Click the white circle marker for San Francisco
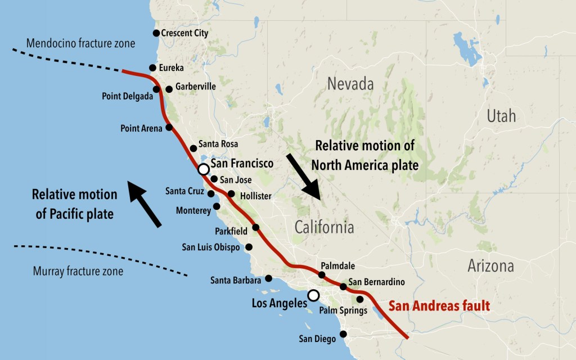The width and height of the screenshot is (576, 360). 204,169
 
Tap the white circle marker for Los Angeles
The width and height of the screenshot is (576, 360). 313,295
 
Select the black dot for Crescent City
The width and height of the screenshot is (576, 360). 156,33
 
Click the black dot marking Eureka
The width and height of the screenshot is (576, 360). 152,68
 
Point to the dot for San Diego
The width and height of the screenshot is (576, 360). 344,334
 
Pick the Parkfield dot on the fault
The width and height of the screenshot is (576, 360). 256,227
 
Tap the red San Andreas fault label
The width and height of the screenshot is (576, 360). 439,307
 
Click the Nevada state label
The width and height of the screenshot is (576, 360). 350,84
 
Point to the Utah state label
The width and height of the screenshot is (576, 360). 501,116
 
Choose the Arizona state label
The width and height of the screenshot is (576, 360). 490,266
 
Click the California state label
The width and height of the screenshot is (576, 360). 325,227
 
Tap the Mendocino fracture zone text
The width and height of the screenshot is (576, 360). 80,43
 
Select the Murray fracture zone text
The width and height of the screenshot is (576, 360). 78,272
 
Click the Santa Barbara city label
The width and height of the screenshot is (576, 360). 236,280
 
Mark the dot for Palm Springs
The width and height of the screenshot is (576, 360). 360,299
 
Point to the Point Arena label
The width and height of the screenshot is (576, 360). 141,128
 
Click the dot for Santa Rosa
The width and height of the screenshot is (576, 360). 193,148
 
